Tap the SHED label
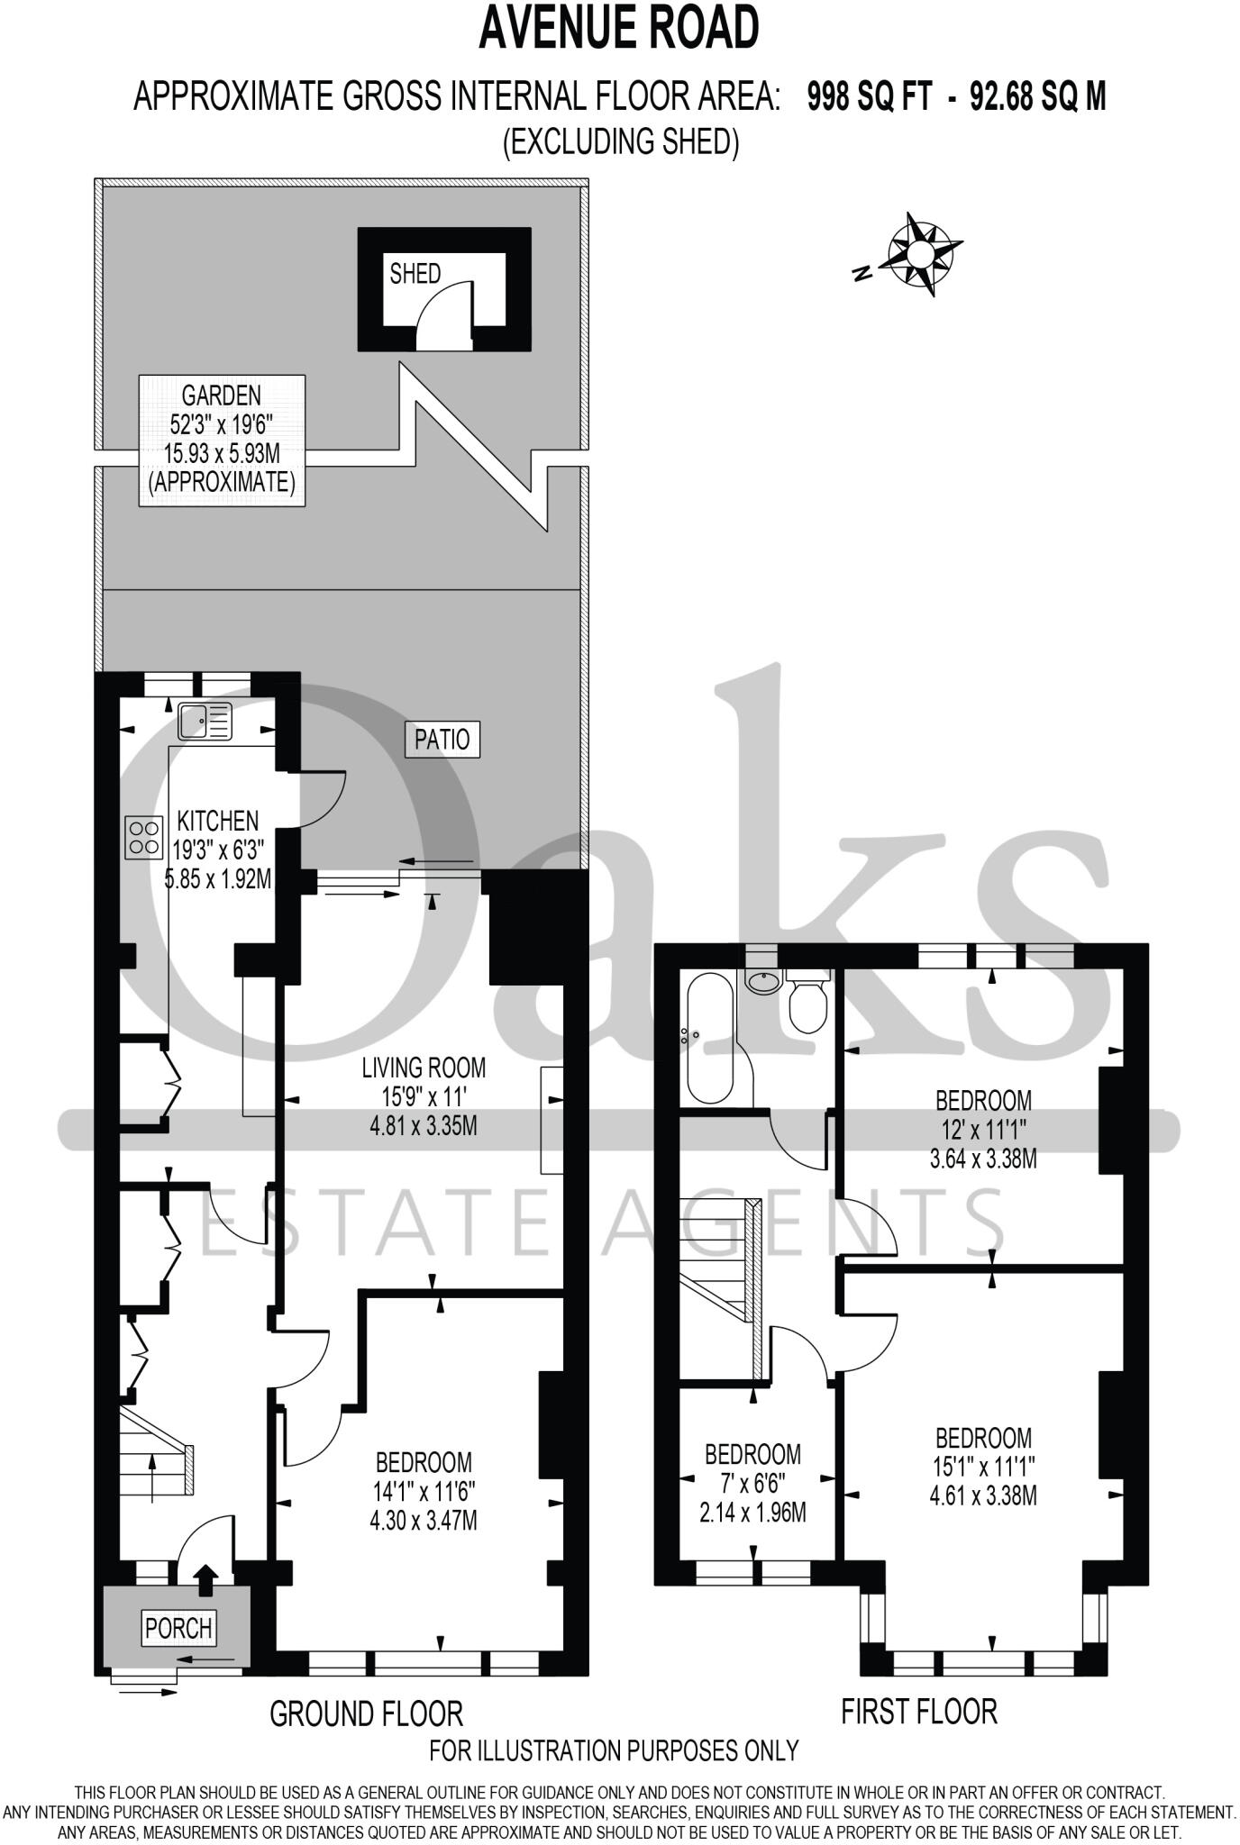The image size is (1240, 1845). (x=415, y=274)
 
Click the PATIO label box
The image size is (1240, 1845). (x=442, y=740)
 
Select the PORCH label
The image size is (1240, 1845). (x=178, y=1628)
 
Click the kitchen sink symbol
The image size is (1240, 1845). (x=205, y=722)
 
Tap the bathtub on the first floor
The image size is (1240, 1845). (x=711, y=1038)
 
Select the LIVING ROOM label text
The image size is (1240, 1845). (x=424, y=1068)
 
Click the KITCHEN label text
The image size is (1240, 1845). (x=217, y=821)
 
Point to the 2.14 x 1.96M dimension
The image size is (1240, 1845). (x=752, y=1513)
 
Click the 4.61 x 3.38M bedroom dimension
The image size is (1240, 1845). (x=983, y=1495)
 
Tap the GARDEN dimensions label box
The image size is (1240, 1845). (x=222, y=439)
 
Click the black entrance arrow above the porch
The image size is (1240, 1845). (x=206, y=1577)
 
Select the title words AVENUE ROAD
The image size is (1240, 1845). (x=619, y=27)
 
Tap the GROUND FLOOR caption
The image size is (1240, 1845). (x=366, y=1713)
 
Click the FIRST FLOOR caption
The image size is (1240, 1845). (x=919, y=1711)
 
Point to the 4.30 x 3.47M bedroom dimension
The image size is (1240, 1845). (x=424, y=1521)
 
